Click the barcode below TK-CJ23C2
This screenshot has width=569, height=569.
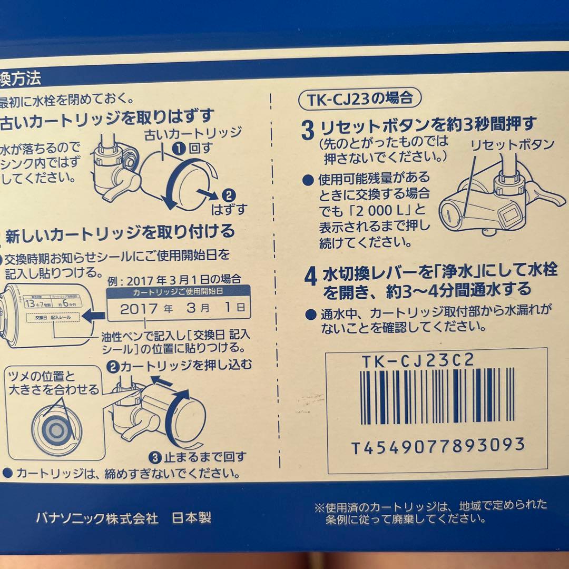pos(437,396)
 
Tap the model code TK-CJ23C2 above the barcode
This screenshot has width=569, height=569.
pos(418,360)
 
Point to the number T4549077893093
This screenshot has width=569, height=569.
pos(438,446)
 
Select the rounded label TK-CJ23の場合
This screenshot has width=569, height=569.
pos(361,98)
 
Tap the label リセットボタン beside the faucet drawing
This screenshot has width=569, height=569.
pos(512,144)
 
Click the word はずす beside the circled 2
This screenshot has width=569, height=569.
pos(229,210)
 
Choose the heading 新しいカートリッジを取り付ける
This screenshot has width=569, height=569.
pos(119,231)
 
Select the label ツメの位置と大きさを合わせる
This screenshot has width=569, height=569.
pos(54,384)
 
